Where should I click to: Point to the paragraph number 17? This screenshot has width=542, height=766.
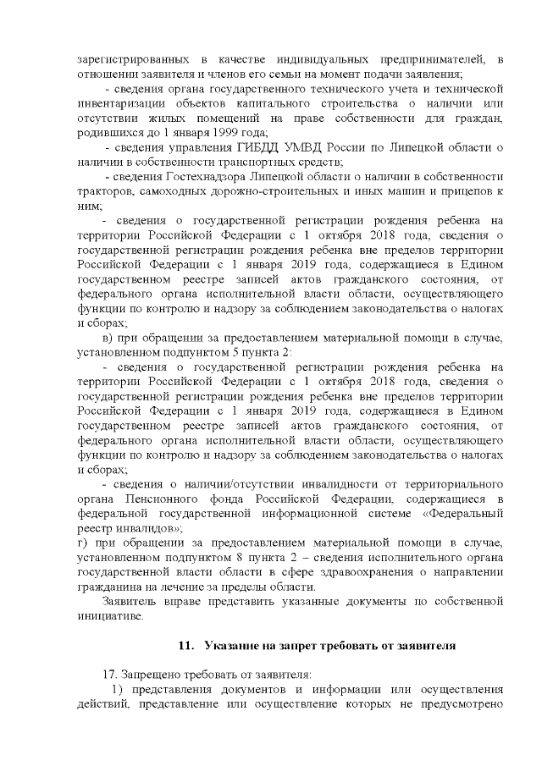108,675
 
